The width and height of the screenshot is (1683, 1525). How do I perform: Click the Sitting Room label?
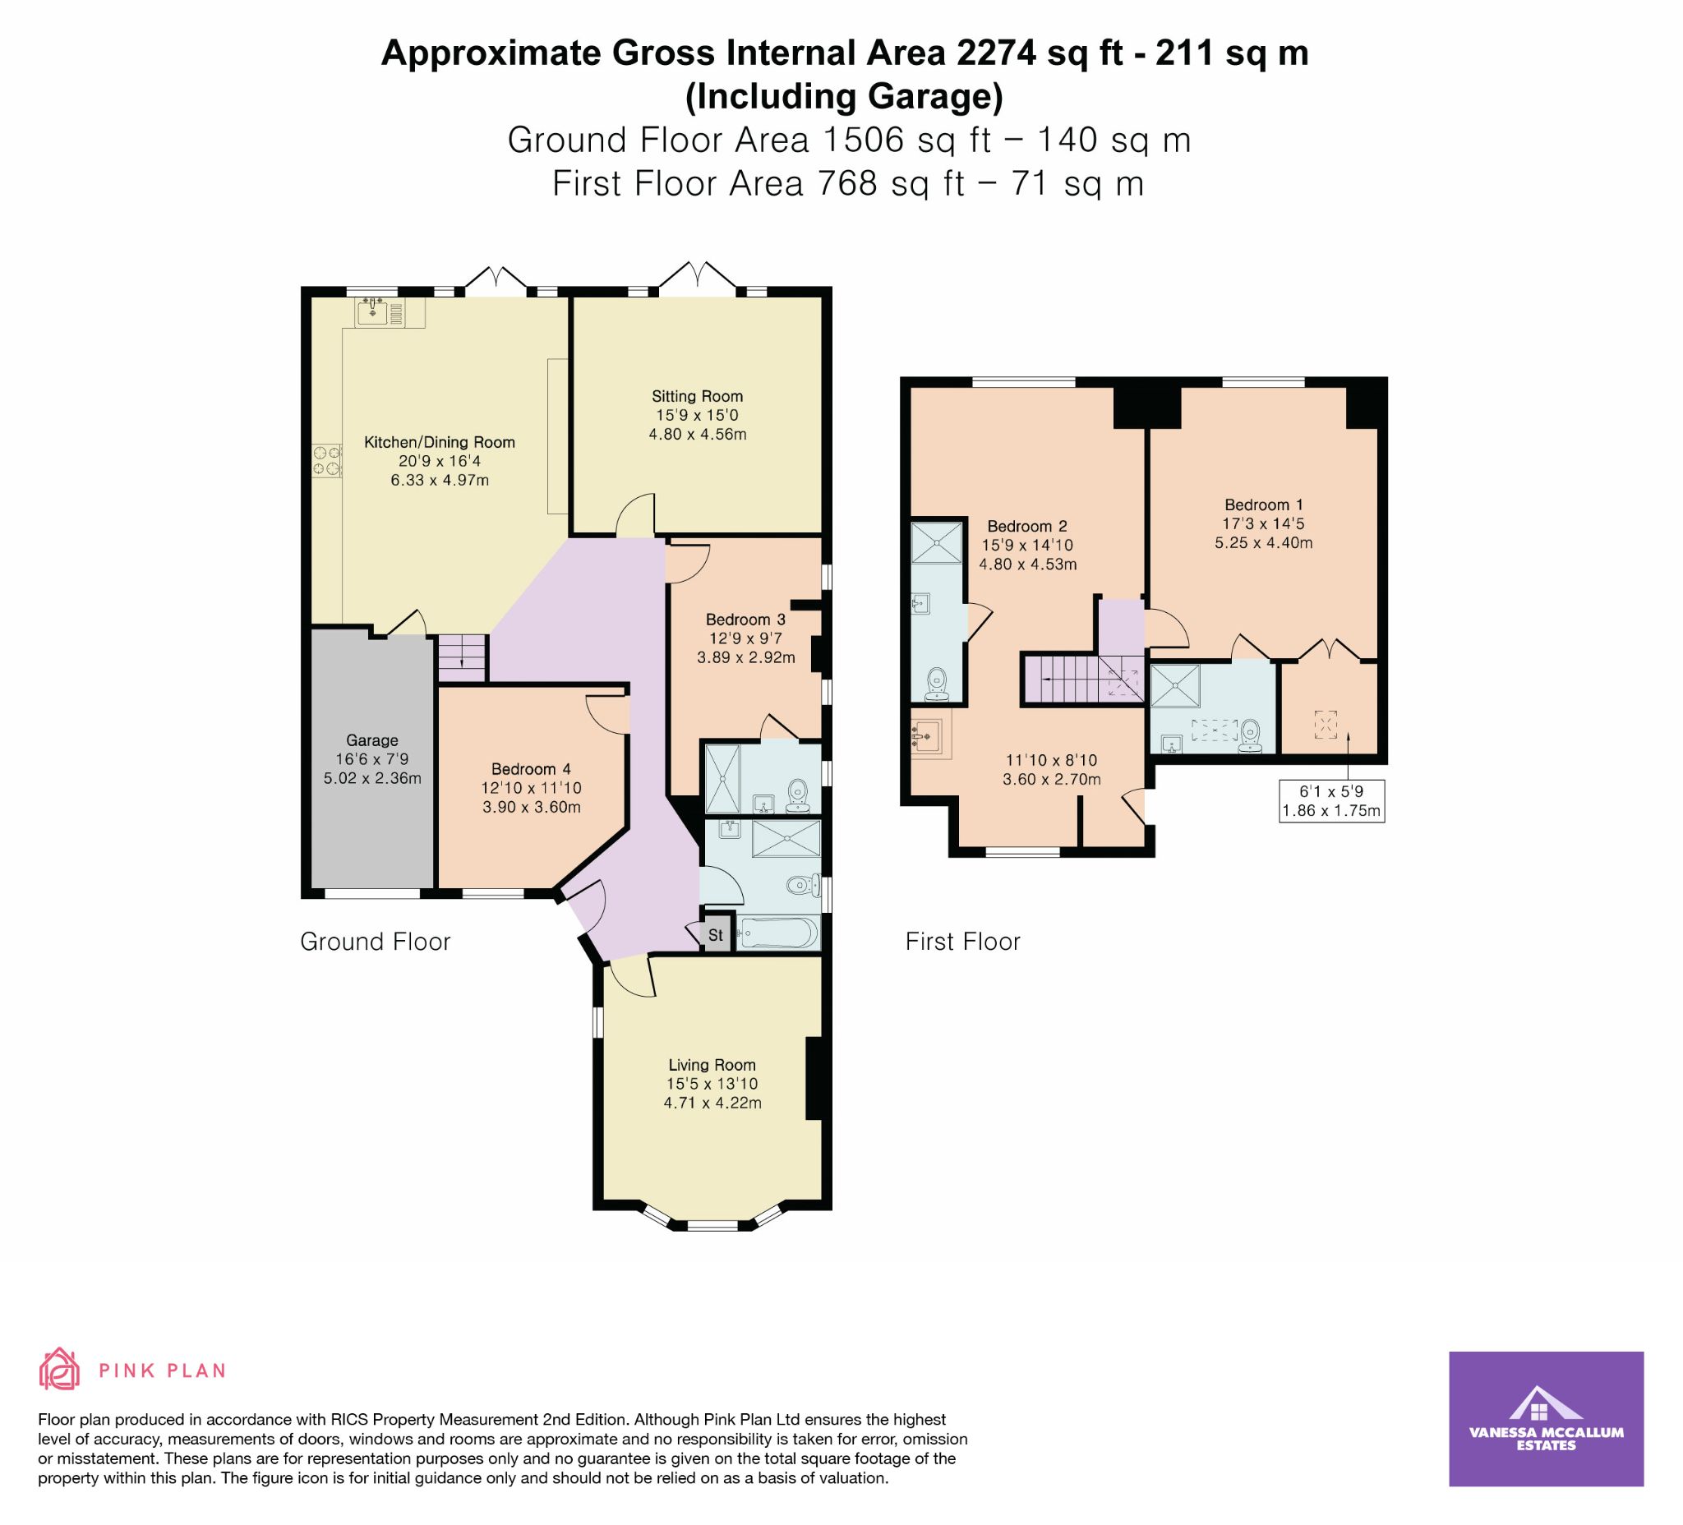[697, 397]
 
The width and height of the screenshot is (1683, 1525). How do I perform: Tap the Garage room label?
[372, 740]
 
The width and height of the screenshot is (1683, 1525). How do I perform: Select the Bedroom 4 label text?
[531, 769]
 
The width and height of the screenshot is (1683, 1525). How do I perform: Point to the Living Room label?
[712, 1065]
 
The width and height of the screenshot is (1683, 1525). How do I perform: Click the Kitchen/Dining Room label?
[439, 442]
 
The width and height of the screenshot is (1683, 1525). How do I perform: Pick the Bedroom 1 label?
[1264, 505]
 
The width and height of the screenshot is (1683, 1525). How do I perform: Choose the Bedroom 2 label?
[1027, 527]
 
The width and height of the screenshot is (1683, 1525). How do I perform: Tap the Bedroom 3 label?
[745, 620]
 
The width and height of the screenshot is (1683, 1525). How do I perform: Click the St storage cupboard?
[716, 935]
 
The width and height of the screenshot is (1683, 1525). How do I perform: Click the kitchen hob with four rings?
[327, 461]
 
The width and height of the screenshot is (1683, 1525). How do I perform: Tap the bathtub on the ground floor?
[777, 933]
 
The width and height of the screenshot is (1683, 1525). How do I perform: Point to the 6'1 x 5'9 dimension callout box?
[1332, 800]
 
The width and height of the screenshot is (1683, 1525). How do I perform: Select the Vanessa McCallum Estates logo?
[1546, 1431]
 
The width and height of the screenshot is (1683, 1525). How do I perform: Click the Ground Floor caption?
[376, 942]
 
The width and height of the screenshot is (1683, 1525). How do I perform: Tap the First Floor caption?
[963, 942]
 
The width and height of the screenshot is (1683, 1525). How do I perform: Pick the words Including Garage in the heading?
[844, 97]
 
